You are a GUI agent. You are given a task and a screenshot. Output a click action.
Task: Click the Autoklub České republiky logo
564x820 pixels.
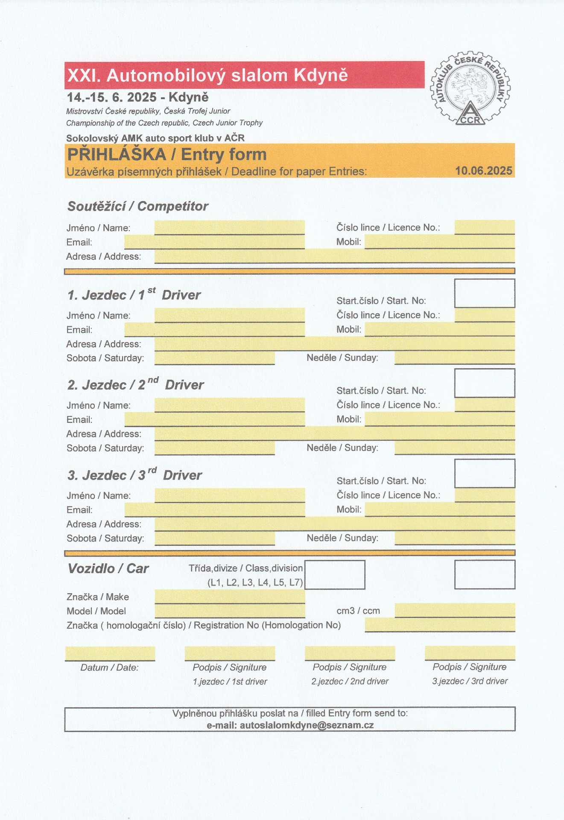point(470,89)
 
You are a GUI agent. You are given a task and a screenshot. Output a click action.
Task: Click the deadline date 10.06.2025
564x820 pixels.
point(483,171)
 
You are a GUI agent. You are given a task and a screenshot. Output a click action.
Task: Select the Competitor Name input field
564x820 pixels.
point(229,227)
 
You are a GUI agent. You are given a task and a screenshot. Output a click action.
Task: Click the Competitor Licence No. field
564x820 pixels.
point(484,227)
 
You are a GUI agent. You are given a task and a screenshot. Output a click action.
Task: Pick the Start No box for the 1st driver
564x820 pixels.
point(484,293)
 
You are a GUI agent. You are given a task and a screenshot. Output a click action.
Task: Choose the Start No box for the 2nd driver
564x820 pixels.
point(484,383)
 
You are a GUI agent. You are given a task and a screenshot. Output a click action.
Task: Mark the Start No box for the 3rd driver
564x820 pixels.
point(484,473)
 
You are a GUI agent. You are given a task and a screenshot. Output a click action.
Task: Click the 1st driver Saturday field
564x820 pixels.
point(214,358)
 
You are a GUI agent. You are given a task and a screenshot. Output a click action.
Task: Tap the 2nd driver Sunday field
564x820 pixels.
point(454,448)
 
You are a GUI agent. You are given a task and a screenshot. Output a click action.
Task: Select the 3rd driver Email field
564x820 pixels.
point(214,510)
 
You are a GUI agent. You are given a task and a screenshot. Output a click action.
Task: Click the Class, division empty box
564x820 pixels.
point(335,575)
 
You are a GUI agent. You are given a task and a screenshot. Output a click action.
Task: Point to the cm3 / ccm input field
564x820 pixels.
point(454,610)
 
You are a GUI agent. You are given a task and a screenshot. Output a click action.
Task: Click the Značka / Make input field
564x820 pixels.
point(229,596)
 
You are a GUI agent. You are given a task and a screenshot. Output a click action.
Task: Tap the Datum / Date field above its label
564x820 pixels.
point(110,653)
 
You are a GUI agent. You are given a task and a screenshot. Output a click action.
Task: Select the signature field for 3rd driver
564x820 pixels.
point(470,653)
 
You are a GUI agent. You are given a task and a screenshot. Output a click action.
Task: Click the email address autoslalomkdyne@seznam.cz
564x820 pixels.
point(307,725)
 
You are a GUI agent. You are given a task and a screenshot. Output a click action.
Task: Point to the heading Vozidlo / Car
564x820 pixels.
point(108,568)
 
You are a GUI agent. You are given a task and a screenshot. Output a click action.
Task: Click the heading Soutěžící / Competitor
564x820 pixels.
point(137,206)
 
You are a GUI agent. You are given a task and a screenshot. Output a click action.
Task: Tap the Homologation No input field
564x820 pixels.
point(439,625)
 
